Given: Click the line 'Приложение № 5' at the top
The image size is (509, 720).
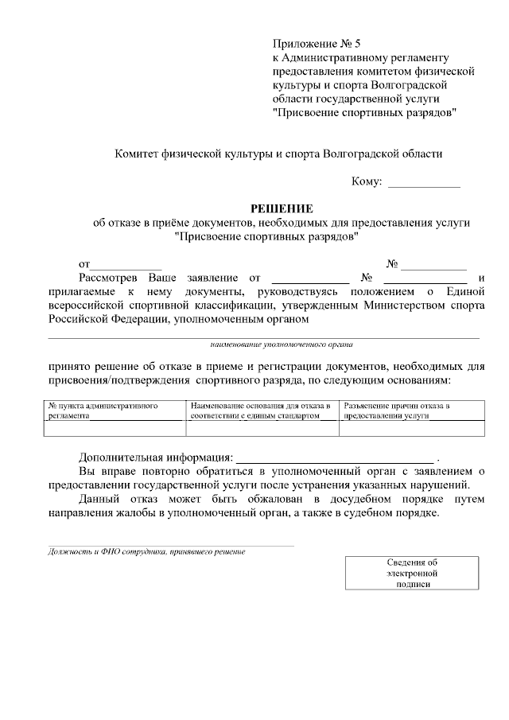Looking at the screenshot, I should coord(317,43).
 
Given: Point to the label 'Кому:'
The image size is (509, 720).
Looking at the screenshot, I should coord(367,181).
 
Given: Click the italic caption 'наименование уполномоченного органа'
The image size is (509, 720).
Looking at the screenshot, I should coord(282,345).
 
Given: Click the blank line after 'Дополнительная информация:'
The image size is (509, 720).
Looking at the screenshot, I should coord(335,459).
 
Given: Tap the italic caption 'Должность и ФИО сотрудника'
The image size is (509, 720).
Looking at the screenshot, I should coord(146,551).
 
